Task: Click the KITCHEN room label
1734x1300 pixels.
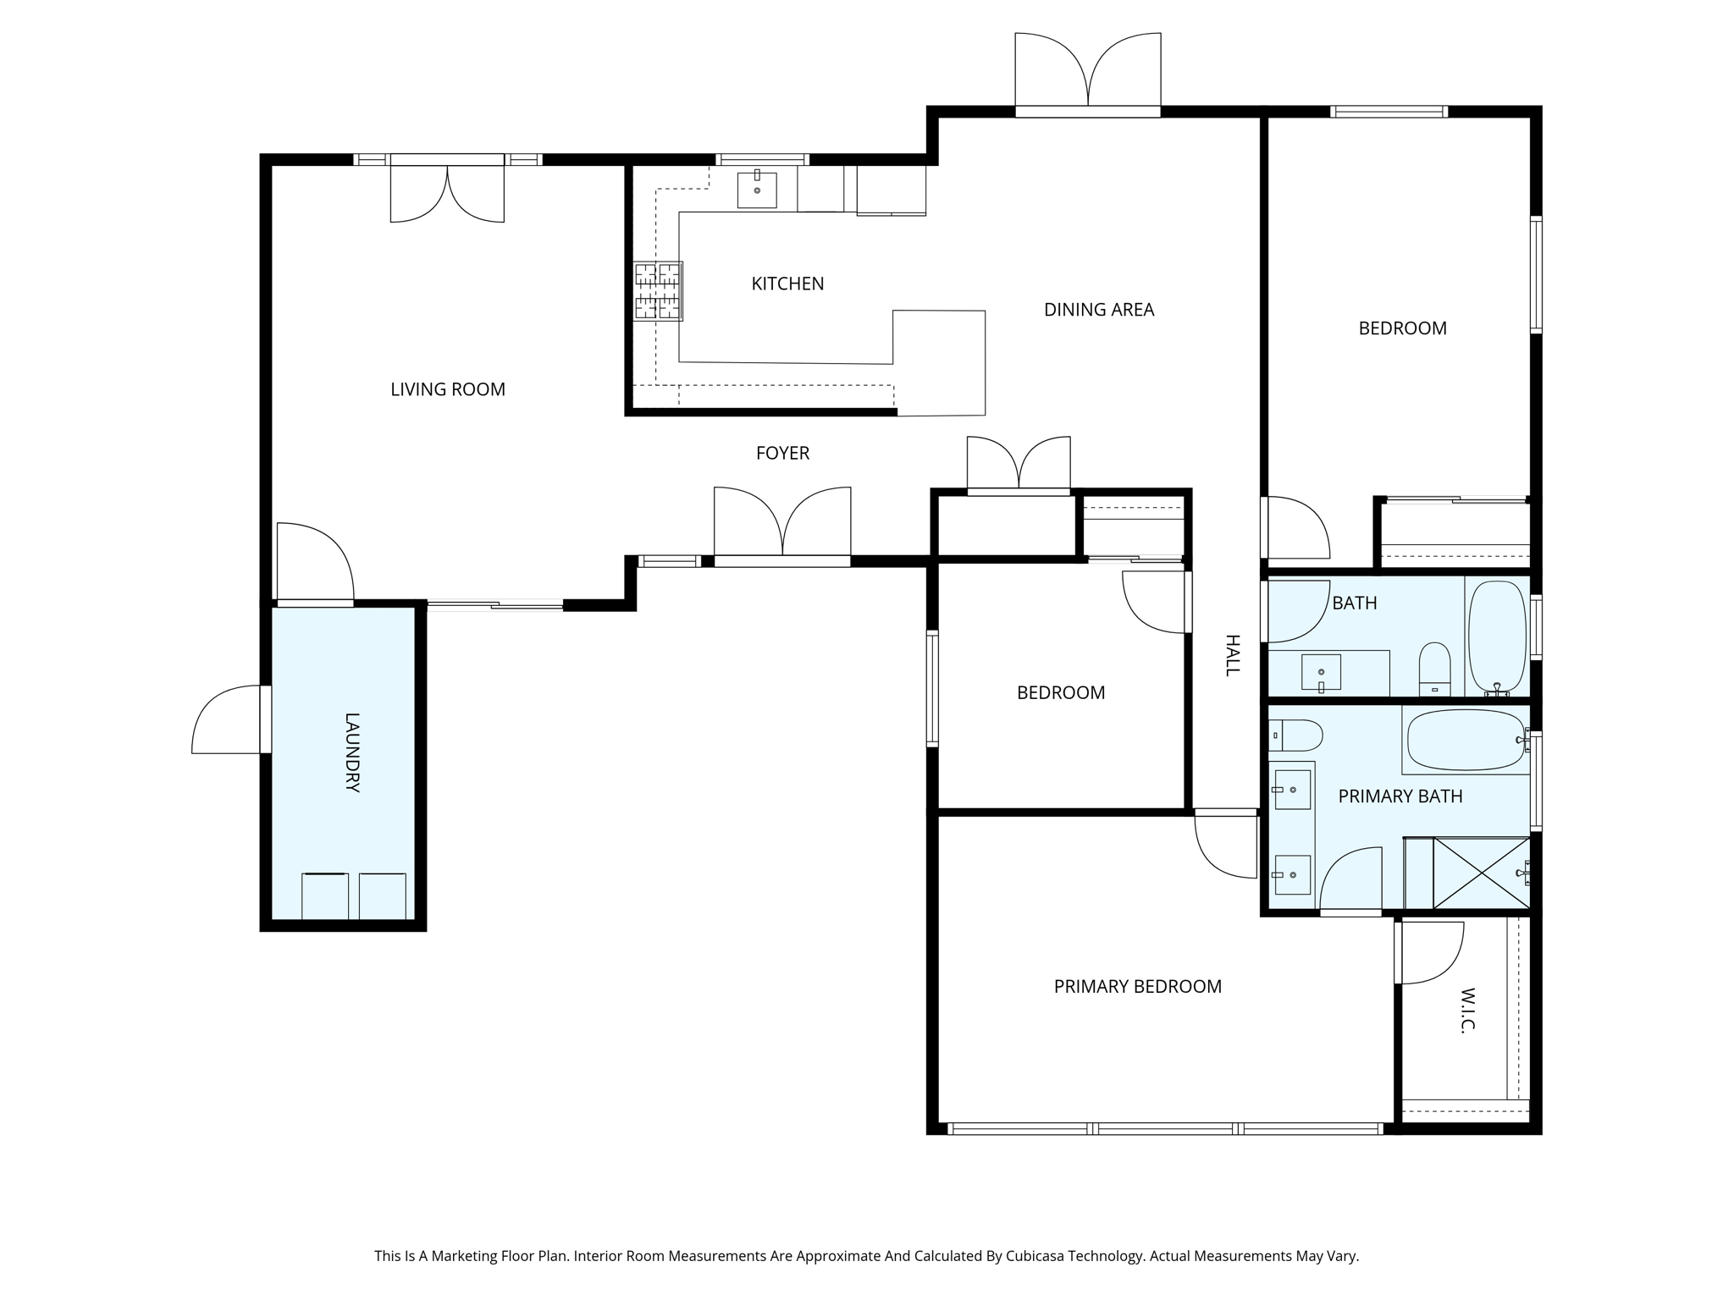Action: [x=787, y=284]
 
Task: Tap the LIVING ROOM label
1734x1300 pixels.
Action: [x=448, y=389]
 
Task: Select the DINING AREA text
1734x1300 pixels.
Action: [x=1099, y=310]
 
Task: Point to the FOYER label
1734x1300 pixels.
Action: [x=782, y=454]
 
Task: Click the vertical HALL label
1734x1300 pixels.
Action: [x=1232, y=655]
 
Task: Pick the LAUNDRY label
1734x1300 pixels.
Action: [x=352, y=752]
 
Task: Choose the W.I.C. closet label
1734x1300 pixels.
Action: [x=1467, y=1010]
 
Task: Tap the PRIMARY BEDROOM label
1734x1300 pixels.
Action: [x=1138, y=987]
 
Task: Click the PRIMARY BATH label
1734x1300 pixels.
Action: [x=1400, y=796]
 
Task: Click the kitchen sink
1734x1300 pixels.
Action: [x=757, y=189]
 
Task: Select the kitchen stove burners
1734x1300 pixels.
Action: [x=658, y=291]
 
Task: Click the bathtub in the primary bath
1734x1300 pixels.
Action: [x=1466, y=741]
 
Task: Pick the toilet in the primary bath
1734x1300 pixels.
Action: [x=1295, y=735]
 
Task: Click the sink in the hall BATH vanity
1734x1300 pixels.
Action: [x=1321, y=672]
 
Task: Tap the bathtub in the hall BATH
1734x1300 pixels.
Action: [x=1497, y=637]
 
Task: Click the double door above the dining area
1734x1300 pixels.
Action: [x=1088, y=71]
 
